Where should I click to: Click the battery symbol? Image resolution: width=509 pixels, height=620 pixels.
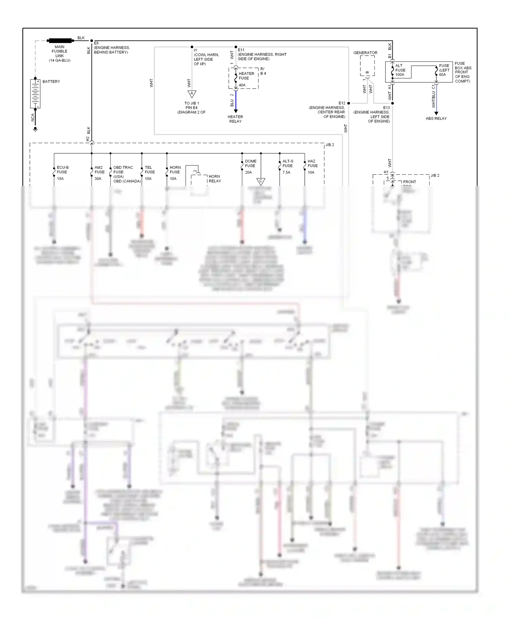(x=35, y=94)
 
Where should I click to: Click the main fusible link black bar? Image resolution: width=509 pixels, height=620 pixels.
(x=60, y=41)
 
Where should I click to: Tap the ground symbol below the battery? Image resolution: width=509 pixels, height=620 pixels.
(x=35, y=129)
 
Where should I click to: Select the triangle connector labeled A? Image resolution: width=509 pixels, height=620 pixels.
(x=192, y=94)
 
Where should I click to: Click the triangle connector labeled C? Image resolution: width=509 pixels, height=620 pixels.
(x=261, y=181)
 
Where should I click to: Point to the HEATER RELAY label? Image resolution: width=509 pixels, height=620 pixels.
(x=235, y=119)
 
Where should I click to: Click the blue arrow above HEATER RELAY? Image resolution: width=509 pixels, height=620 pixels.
(x=236, y=111)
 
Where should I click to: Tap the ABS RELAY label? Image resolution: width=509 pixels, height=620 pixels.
(x=436, y=118)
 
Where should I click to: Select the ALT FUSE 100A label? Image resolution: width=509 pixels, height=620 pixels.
(x=400, y=70)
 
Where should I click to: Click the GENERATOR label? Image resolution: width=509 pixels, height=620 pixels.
(x=365, y=53)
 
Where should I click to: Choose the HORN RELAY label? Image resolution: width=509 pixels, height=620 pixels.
(x=215, y=179)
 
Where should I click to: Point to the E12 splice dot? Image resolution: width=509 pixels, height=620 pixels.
(x=348, y=103)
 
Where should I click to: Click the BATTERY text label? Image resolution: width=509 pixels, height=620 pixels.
(x=51, y=81)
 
